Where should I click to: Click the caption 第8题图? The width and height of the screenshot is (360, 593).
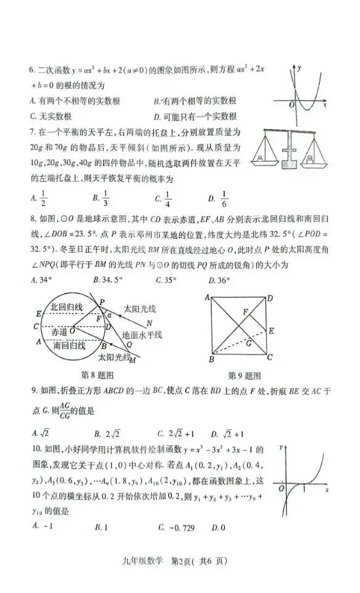click(x=97, y=374)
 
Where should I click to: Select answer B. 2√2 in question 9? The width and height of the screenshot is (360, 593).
click(x=107, y=433)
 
